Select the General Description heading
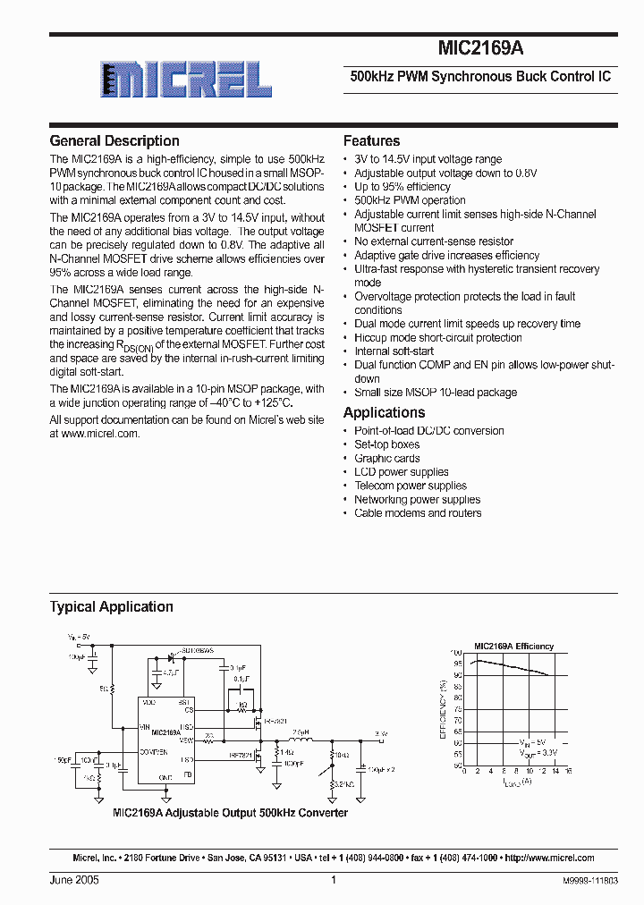[x=114, y=140]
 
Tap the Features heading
[x=371, y=140]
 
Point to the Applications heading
[x=384, y=412]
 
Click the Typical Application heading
[x=111, y=606]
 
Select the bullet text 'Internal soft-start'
[x=394, y=351]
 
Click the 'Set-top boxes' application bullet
[x=386, y=444]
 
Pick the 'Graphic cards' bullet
[x=386, y=458]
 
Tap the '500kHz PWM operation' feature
[x=410, y=200]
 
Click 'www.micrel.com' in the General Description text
[x=101, y=433]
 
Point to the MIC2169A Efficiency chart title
[x=513, y=646]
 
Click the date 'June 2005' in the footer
[x=74, y=881]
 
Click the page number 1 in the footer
[x=333, y=881]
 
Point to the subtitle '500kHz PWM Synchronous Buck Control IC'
[x=479, y=77]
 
